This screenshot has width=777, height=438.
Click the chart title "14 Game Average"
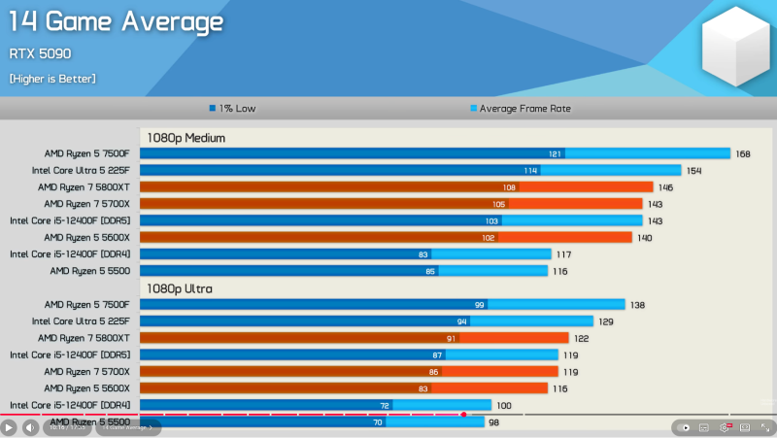[116, 21]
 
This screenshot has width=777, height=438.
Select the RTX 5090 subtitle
[40, 53]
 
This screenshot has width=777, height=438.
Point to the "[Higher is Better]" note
[52, 79]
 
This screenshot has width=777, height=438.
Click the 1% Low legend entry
[232, 109]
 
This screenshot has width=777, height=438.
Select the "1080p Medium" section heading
[186, 138]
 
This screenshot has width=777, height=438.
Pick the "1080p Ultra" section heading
[180, 288]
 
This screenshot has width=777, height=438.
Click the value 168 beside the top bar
[743, 153]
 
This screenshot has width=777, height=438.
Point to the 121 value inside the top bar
[555, 153]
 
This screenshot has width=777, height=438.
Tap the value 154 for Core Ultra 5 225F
[693, 170]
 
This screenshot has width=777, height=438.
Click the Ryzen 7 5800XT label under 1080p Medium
[84, 186]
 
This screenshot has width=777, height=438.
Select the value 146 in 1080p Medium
[665, 186]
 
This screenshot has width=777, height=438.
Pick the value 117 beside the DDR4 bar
[563, 254]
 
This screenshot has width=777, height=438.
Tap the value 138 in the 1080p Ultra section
[637, 305]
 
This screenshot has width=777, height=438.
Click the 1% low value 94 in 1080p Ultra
[462, 321]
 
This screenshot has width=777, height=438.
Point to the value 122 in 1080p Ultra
[581, 338]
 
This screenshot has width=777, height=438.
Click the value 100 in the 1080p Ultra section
[504, 405]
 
